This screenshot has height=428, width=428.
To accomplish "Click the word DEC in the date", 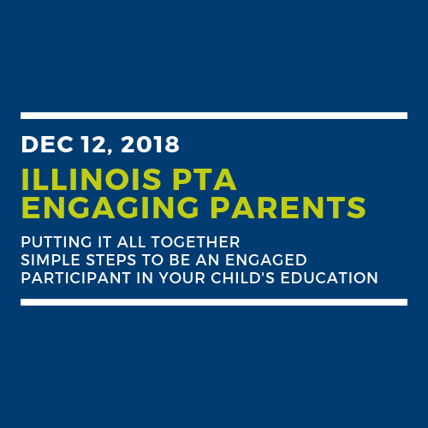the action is coord(47,145).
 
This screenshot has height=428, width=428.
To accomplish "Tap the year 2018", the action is coord(150,145).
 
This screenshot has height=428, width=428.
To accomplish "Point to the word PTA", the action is coord(205,180).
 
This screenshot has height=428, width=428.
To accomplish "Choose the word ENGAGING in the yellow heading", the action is coord(110,207).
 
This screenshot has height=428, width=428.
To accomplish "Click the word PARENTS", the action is coord(288,207).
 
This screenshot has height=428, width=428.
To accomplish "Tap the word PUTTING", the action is coord(56,242).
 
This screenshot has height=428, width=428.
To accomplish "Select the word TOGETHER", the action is coord(195,242).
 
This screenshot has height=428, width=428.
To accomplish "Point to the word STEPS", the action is coord(111,260).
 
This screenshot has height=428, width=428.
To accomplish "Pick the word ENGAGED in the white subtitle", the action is coord(266,260).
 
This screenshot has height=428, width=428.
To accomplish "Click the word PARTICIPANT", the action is coord(76,278).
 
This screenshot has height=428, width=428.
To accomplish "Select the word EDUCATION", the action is coord(330,278).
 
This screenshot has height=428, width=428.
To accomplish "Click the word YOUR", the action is coord(182,278).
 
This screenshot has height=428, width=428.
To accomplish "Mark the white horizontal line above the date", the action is coord(214,116).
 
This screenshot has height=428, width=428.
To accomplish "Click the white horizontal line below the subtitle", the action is coord(214,302).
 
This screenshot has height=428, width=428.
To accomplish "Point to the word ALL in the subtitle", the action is coord(131,242).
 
